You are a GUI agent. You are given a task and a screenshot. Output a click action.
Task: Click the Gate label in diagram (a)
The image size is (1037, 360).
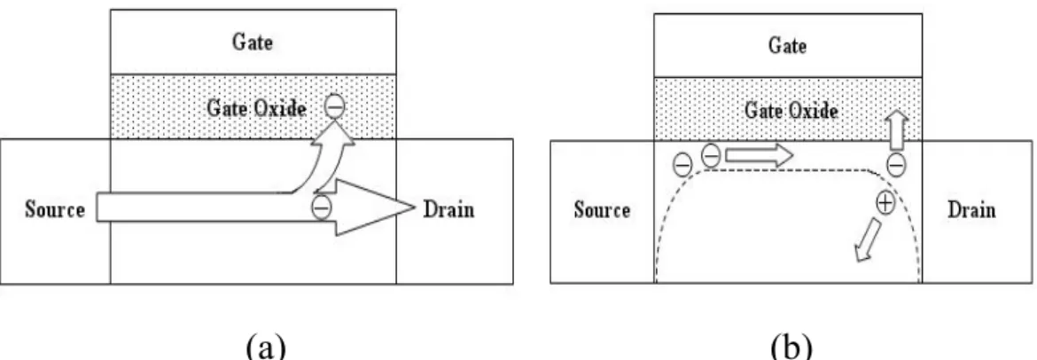pyautogui.click(x=252, y=43)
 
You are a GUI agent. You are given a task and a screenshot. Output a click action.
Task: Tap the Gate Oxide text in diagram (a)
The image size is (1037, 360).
pyautogui.click(x=257, y=108)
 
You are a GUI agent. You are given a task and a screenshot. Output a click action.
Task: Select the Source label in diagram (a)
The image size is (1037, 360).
pyautogui.click(x=55, y=210)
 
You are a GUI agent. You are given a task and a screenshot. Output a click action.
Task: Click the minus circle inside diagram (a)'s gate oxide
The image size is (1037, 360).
pyautogui.click(x=335, y=106)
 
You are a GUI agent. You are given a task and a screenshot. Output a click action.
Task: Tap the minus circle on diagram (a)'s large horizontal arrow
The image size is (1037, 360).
pyautogui.click(x=322, y=207)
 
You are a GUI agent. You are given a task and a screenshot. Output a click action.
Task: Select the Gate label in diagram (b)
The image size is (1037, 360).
pyautogui.click(x=788, y=45)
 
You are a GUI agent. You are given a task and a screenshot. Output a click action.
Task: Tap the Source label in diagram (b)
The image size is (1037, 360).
pyautogui.click(x=602, y=210)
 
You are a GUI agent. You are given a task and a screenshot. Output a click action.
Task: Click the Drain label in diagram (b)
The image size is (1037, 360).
pyautogui.click(x=971, y=210)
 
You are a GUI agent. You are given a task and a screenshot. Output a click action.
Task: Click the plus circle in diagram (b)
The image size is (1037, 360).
pyautogui.click(x=885, y=202)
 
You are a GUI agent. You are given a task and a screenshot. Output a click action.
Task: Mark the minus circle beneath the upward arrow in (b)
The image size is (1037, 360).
pyautogui.click(x=896, y=163)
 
